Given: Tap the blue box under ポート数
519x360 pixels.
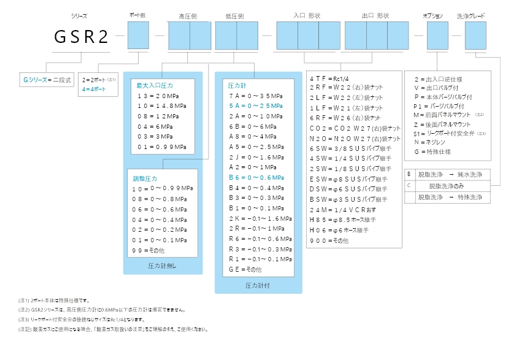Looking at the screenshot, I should pos(138,35).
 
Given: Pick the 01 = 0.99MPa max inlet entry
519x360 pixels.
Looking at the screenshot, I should pos(162,147).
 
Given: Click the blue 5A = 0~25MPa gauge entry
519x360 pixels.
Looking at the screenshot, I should pos(255,106).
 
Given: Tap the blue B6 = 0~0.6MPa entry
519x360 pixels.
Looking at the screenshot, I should pos(255,177).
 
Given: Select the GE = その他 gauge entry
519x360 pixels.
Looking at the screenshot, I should pos(245,269).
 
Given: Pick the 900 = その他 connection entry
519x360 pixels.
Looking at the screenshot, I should pos(329,241).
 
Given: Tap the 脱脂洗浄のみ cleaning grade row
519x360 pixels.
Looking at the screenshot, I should pos(450,186).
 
